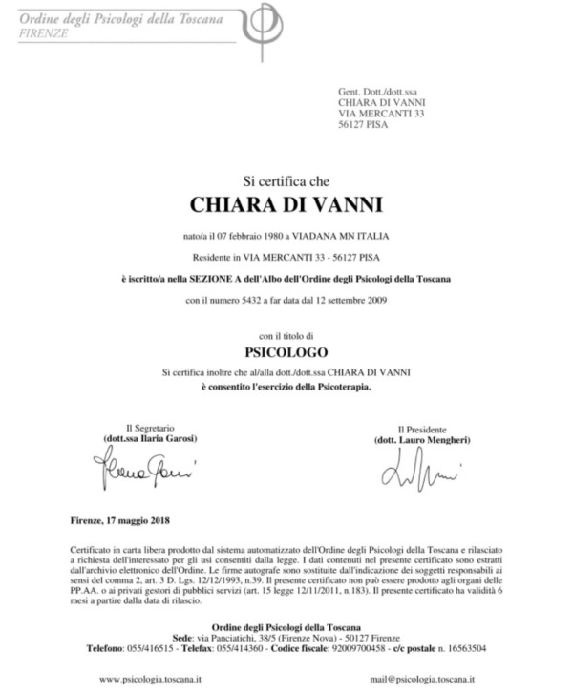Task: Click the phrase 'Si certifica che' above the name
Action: click(286, 179)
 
